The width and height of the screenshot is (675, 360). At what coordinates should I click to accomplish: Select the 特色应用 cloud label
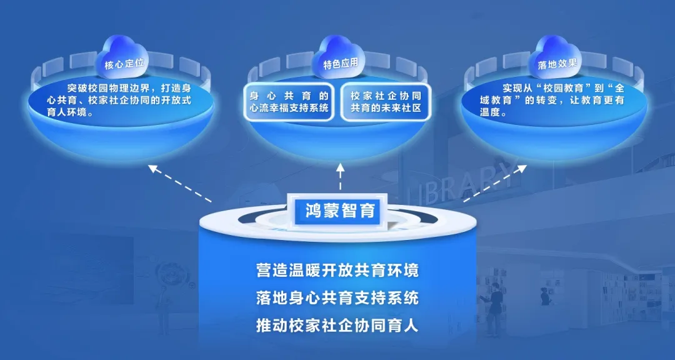[x=340, y=63]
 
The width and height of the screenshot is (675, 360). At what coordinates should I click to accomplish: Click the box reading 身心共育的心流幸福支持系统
[x=289, y=102]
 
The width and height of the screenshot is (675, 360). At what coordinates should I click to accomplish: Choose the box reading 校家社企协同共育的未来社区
[x=386, y=102]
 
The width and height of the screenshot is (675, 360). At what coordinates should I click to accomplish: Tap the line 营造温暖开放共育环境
[x=337, y=271]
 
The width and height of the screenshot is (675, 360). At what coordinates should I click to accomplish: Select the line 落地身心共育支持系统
[x=337, y=298]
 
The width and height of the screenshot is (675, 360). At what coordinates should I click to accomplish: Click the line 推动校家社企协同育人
[x=337, y=326]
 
